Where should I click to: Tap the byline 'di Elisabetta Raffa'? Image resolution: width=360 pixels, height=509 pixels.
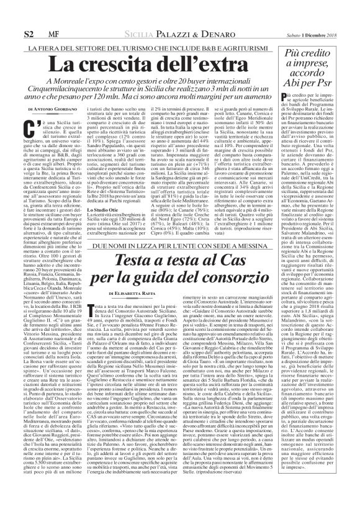click(x=130, y=292)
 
